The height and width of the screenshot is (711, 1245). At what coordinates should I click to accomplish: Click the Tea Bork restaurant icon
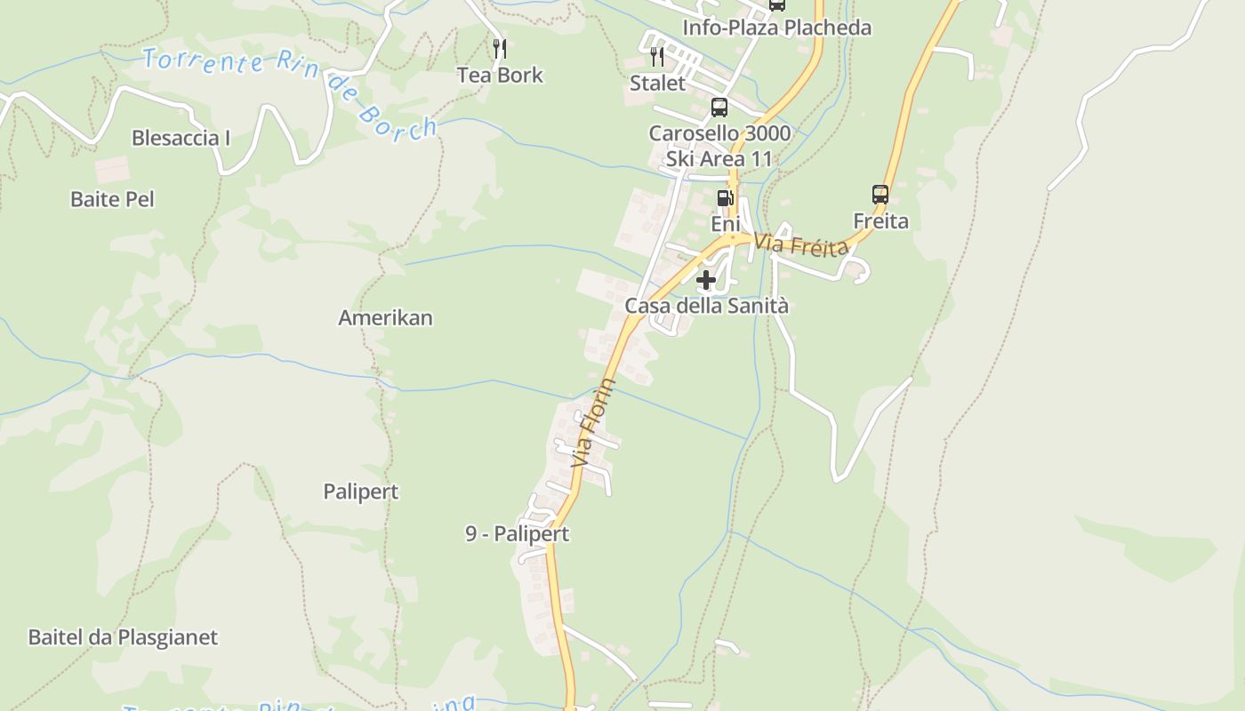(500, 48)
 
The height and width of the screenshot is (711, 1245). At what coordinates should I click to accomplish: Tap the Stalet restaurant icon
(657, 57)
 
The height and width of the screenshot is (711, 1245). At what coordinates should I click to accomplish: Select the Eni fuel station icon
(726, 197)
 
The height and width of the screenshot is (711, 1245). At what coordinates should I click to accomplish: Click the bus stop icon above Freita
(880, 194)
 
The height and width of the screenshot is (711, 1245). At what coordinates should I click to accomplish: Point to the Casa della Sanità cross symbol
(706, 281)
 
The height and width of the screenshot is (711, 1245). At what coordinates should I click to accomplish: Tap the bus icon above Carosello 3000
(719, 108)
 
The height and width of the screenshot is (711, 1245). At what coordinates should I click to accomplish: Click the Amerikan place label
(385, 318)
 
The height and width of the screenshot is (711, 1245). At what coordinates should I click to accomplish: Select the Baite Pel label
(112, 199)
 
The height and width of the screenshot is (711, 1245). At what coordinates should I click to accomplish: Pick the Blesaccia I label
(181, 138)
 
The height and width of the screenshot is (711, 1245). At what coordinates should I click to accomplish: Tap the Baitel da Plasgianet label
(123, 637)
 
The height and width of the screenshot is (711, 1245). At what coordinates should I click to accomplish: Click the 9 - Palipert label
(517, 534)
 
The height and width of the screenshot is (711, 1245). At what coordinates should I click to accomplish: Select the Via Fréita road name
(801, 244)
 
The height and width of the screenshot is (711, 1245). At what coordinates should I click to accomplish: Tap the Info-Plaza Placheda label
(776, 28)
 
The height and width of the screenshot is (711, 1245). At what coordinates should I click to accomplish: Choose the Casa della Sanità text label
(706, 306)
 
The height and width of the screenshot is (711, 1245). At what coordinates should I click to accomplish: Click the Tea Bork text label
(500, 76)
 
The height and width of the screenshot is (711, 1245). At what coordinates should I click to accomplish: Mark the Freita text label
(880, 220)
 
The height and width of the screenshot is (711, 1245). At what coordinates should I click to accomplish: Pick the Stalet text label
(658, 84)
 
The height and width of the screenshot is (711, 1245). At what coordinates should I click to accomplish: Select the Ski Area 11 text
(719, 159)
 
